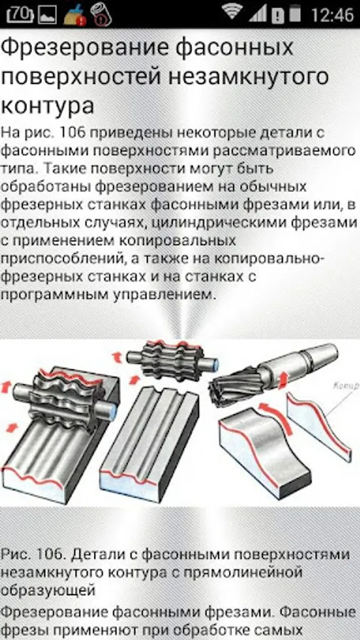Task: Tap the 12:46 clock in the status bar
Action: tap(332, 15)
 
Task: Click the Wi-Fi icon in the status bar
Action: tap(233, 11)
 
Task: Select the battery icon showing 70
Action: tap(20, 14)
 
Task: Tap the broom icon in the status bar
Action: tap(74, 14)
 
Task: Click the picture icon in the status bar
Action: tap(48, 15)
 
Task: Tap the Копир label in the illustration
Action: tap(346, 385)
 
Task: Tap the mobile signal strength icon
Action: tap(258, 14)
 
